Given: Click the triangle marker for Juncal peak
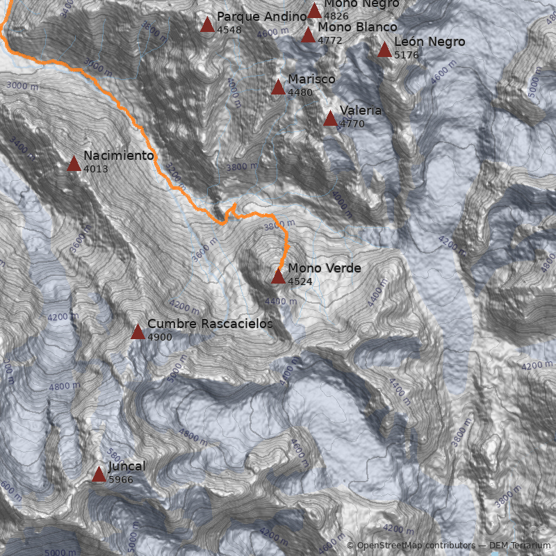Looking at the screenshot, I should point(99,475).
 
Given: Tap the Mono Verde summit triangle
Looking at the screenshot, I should point(278,277).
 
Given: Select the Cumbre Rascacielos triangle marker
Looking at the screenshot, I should point(138,332).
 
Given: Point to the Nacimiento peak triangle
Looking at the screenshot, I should point(74,164).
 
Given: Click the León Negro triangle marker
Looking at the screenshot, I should point(384,50).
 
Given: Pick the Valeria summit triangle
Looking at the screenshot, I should point(330,119).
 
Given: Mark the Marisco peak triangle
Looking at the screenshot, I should point(278,88).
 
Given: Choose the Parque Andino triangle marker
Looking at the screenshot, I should point(207,25).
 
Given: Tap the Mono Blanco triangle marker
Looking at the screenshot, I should point(308,35).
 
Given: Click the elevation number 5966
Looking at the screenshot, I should point(120,480).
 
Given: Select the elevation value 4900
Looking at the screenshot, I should point(159,337).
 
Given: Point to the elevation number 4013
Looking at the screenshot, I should point(95,169).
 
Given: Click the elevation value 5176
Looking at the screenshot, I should point(406,55).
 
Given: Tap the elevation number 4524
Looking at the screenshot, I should point(300,281).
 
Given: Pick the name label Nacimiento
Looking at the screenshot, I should point(118,156).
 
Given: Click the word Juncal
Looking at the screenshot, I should point(126,466).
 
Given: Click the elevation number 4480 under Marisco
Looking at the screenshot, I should point(300,92).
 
